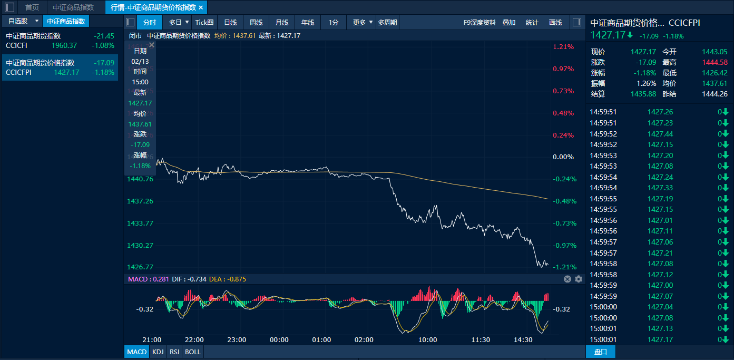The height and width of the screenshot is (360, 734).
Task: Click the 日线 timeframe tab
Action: point(230,22)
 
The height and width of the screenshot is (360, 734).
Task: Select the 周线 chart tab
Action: point(256,22)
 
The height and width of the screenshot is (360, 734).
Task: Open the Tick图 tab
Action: point(204,22)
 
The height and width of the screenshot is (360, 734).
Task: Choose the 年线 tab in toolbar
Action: point(308,22)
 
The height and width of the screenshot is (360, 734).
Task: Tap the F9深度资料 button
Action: point(479,22)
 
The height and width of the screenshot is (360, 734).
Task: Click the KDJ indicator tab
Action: point(158,352)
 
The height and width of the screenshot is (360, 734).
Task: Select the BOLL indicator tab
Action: point(193,352)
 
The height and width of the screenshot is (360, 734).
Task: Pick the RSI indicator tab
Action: point(174,352)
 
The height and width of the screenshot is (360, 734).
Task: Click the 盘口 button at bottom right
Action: point(601,352)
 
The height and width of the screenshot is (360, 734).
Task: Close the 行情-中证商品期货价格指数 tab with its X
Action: point(201,7)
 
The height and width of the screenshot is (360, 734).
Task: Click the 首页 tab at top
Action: point(32,7)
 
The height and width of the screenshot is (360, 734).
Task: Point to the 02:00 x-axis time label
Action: point(364,340)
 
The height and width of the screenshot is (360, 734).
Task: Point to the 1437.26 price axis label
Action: point(140,201)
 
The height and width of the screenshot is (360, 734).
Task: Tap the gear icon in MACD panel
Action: point(579,279)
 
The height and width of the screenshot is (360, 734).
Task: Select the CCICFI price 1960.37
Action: point(64,46)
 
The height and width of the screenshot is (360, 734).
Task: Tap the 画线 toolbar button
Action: point(555,22)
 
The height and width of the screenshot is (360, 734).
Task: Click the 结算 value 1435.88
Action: point(643,94)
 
